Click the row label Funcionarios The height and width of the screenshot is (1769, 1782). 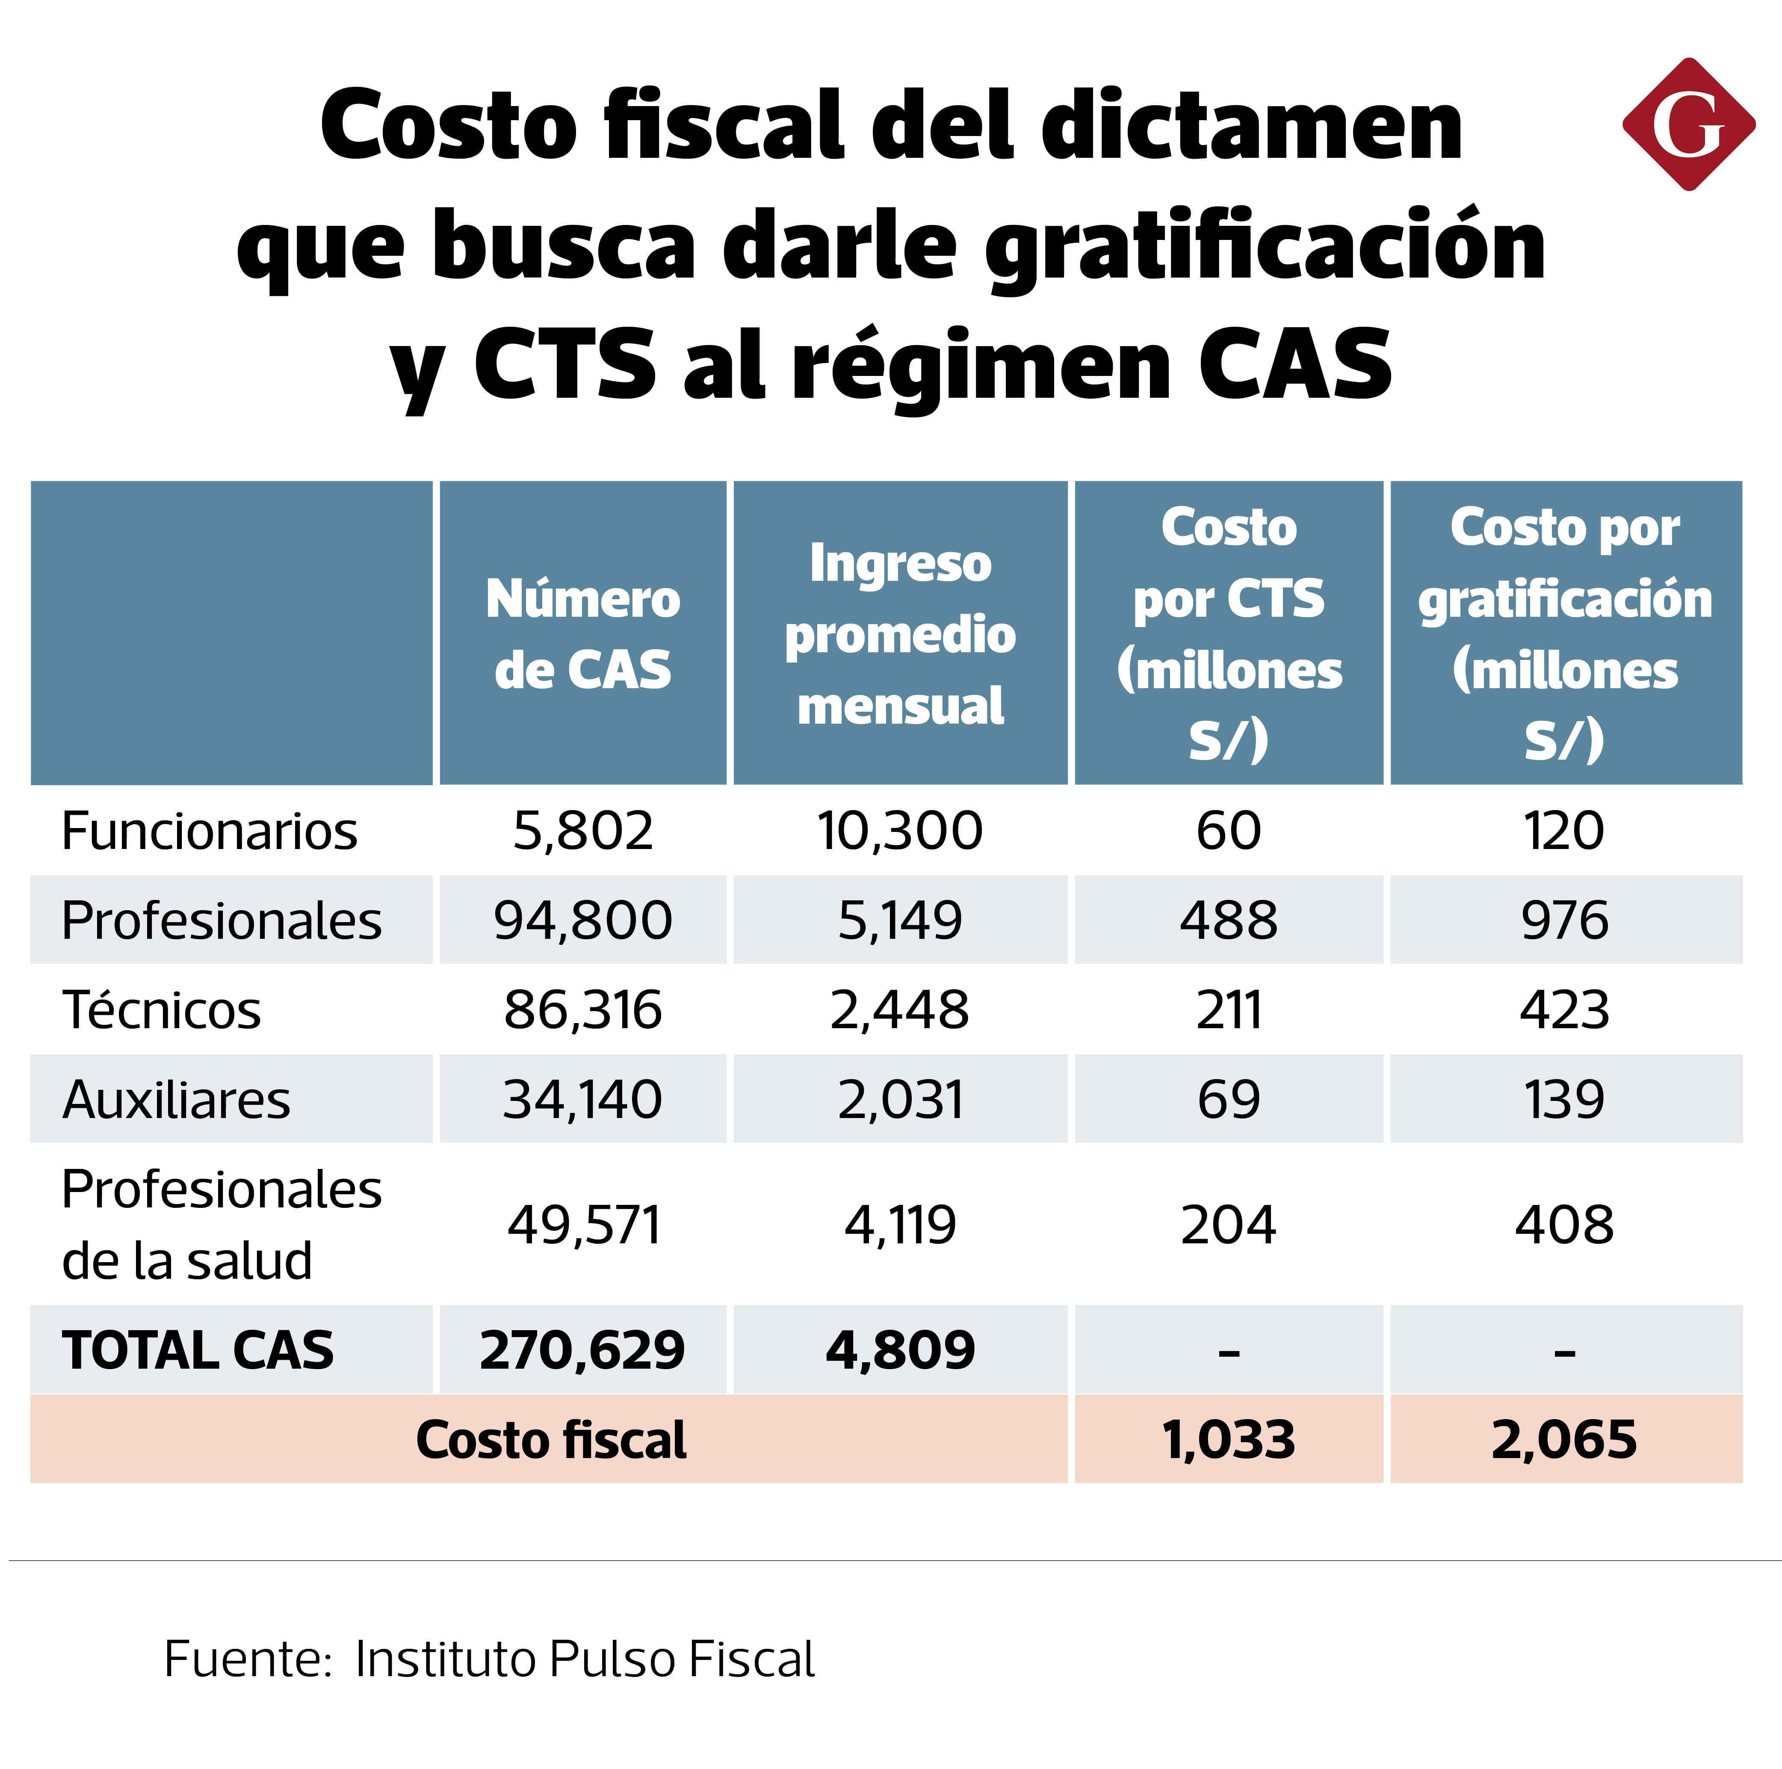point(210,831)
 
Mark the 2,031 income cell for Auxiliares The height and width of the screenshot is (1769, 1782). point(900,1099)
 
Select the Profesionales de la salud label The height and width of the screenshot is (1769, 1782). point(222,1224)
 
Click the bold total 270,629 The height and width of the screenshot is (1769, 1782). point(583,1350)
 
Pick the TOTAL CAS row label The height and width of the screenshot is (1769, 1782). point(198,1350)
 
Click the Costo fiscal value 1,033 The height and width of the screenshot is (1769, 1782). point(1229,1440)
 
